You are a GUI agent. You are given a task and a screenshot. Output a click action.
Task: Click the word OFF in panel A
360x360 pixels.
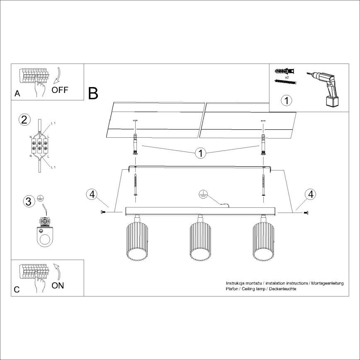tap(60, 90)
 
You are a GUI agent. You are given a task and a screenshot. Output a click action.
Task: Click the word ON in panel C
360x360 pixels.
tap(58, 286)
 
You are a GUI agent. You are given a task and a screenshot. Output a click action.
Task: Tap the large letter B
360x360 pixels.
tap(93, 93)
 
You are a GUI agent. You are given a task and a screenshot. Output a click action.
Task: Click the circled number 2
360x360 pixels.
tap(24, 120)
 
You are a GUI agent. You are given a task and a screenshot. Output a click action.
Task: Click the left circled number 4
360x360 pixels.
tap(92, 194)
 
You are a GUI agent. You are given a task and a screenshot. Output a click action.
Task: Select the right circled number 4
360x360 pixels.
tap(310, 194)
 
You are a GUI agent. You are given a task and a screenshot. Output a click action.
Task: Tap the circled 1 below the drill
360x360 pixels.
tap(286, 101)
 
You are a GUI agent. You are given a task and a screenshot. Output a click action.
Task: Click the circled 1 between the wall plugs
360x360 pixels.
tap(200, 153)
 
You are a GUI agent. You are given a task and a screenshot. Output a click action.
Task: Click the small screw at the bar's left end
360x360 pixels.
tap(103, 212)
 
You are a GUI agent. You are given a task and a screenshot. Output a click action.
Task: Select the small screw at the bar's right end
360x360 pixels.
tap(306, 212)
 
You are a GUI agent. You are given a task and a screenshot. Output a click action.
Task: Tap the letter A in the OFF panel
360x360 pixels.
tap(17, 94)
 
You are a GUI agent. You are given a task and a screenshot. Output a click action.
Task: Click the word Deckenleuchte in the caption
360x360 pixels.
tap(282, 289)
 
